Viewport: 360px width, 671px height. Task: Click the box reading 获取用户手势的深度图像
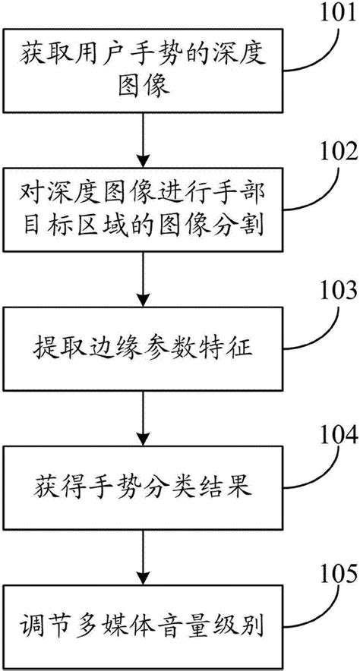(144, 71)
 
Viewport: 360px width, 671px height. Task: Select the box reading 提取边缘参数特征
(144, 348)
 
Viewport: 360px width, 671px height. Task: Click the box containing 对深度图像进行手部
(144, 209)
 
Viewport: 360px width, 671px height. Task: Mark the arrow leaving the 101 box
(143, 140)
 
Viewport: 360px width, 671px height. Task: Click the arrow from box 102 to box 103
(143, 279)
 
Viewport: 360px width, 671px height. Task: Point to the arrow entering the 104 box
(143, 418)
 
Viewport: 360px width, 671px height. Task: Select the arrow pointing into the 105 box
(143, 558)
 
